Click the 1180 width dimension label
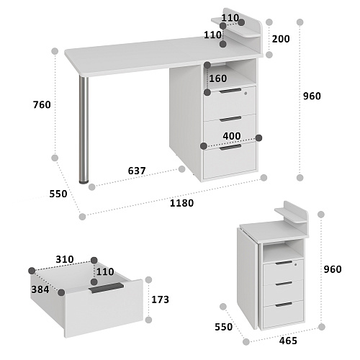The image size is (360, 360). [181, 203]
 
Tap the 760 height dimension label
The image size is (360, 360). [42, 105]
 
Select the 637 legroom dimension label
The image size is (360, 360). [137, 171]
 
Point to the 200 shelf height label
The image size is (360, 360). [281, 39]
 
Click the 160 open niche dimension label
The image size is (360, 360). [218, 78]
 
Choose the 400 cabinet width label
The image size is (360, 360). [232, 136]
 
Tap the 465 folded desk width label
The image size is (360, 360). [288, 341]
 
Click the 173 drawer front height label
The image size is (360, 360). [161, 300]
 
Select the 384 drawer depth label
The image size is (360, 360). [40, 289]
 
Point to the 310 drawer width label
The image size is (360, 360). [65, 259]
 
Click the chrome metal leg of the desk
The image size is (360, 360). [84, 130]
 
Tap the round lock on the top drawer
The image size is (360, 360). [246, 94]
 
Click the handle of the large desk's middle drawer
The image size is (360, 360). [230, 119]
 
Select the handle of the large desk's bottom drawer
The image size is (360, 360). [230, 147]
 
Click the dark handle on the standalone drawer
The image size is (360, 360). [106, 287]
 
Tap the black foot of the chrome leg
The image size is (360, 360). [84, 182]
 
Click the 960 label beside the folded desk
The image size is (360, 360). [333, 269]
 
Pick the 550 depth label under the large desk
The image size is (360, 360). [58, 194]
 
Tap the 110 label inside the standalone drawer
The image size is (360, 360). [105, 272]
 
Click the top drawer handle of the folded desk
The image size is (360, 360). [284, 263]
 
